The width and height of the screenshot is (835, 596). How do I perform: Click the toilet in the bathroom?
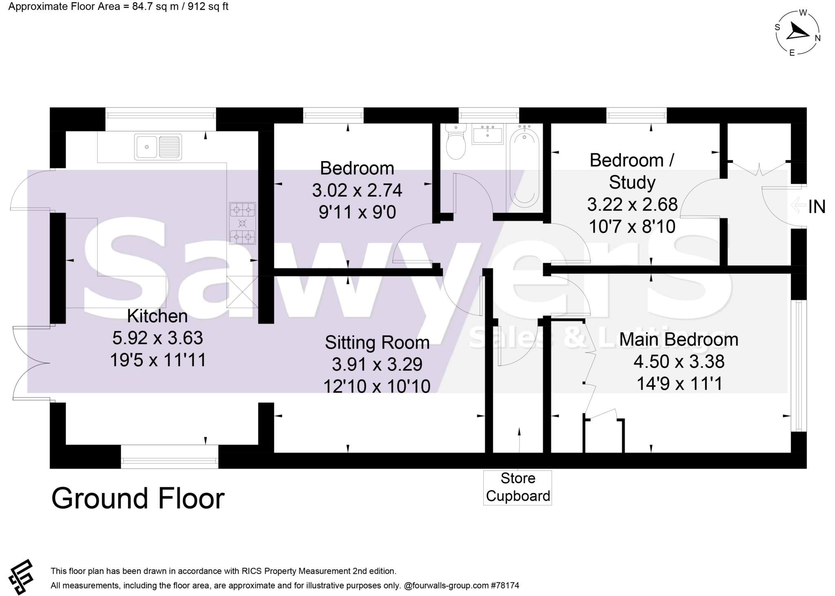(455, 143)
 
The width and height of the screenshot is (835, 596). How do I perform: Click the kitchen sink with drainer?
(158, 146)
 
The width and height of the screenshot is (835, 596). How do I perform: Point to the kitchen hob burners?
(243, 223)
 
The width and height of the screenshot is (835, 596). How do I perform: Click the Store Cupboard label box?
(517, 487)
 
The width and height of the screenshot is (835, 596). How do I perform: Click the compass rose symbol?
(797, 33)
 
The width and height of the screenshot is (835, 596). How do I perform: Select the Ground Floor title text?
(138, 499)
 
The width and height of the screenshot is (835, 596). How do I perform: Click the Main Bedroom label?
(678, 340)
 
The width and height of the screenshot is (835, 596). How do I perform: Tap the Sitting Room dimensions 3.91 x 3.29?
(377, 364)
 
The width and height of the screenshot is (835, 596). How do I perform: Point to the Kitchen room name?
(157, 316)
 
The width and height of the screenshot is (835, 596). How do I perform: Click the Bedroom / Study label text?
(632, 171)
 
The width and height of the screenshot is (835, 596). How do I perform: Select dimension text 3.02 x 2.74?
(357, 190)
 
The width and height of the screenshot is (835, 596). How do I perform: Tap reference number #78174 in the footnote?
(506, 585)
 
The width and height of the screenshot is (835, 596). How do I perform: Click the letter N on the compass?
(817, 38)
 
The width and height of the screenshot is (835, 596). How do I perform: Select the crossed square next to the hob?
(243, 291)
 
